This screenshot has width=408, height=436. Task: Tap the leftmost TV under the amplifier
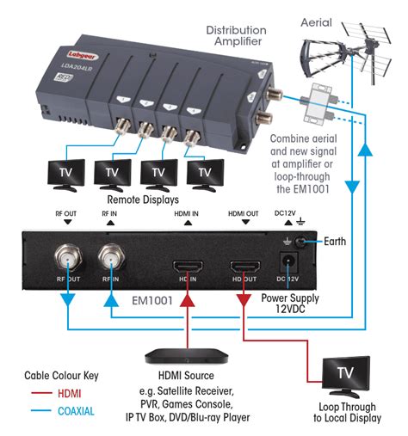[66, 172]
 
